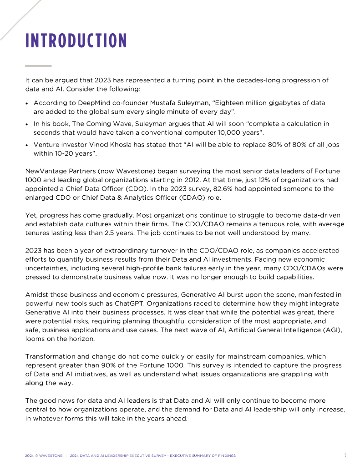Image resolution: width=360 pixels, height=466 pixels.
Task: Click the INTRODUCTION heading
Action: (76, 41)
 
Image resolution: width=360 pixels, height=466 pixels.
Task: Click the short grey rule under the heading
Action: (38, 66)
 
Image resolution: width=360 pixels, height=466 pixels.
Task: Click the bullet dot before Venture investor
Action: (27, 145)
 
